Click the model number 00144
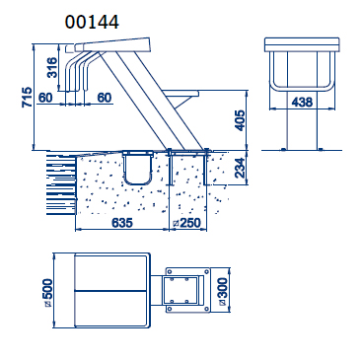[92, 23]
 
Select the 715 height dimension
[27, 97]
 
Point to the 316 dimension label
[52, 67]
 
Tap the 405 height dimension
[241, 120]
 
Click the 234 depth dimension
[241, 168]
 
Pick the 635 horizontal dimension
[122, 223]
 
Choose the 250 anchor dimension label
[186, 223]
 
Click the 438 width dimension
[302, 103]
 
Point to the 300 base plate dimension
[222, 292]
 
